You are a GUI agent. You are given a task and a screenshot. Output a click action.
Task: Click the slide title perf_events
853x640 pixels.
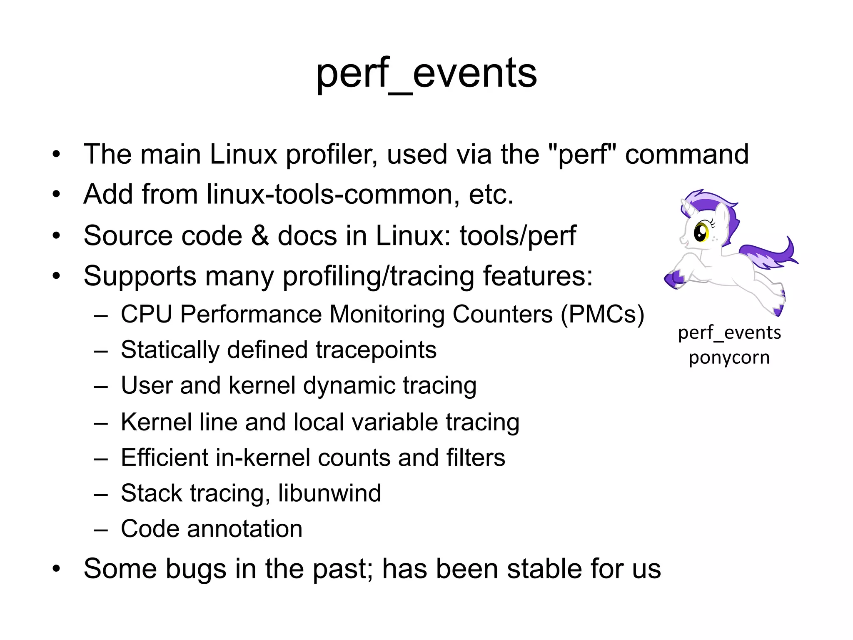tap(426, 74)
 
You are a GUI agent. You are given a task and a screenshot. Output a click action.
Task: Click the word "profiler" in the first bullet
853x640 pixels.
tap(331, 155)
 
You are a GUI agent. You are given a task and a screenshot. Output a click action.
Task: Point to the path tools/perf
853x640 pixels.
tap(518, 236)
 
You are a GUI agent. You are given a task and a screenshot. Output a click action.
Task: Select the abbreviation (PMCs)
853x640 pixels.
tap(602, 314)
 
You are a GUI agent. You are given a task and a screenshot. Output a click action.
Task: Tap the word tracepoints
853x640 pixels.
tap(376, 350)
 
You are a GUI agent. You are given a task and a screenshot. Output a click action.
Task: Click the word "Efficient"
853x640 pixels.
tap(165, 457)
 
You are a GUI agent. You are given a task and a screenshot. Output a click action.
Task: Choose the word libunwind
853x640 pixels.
tap(329, 493)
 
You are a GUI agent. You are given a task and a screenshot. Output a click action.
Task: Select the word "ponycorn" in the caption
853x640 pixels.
tap(729, 357)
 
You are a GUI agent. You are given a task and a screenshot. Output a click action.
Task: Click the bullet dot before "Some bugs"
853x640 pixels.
tap(57, 569)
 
